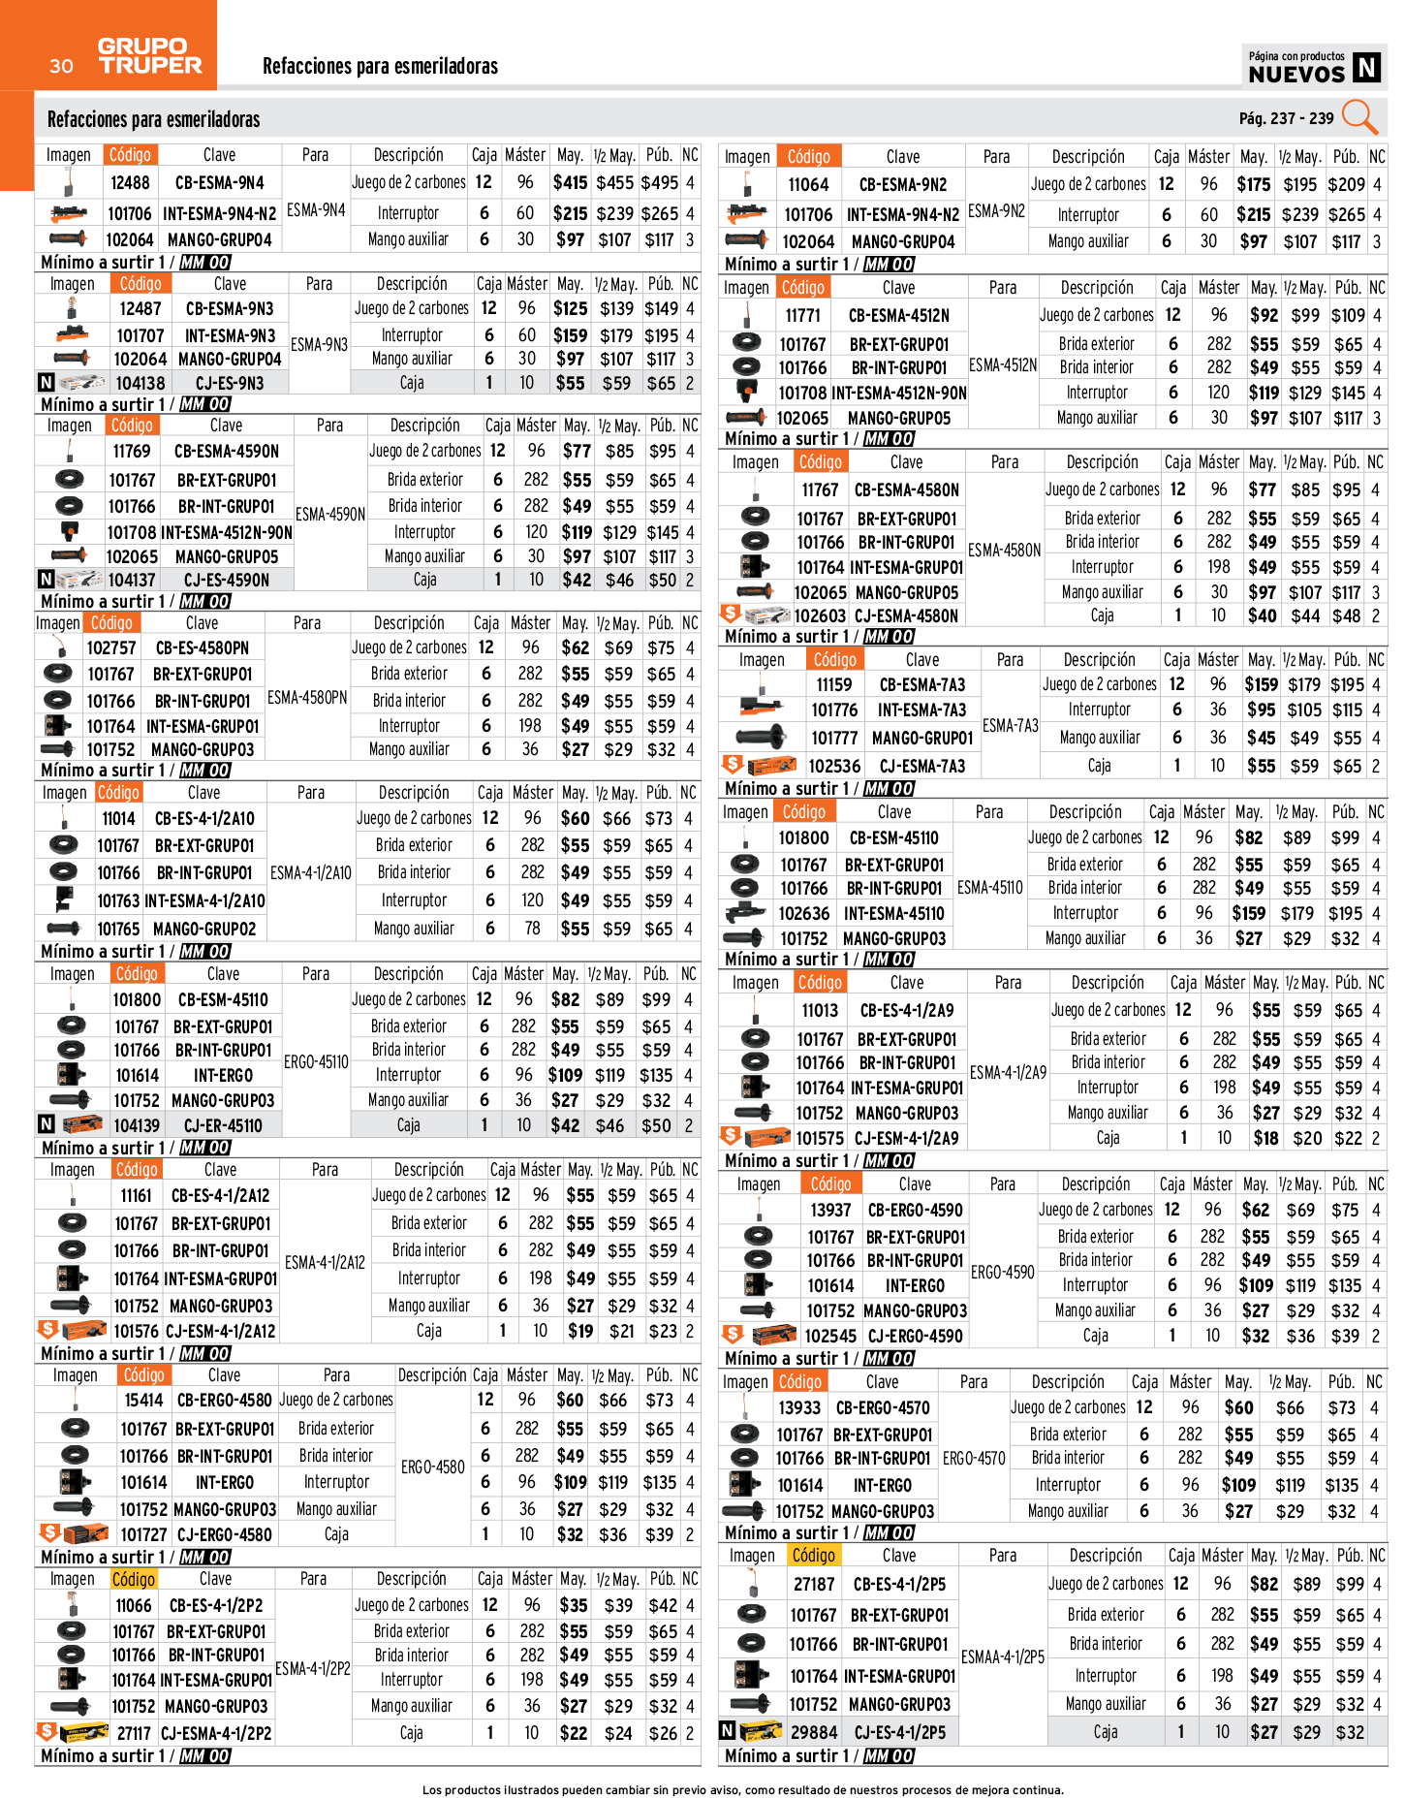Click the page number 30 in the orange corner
tap(61, 66)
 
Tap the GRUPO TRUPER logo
tap(149, 56)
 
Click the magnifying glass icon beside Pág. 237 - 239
tap(1359, 117)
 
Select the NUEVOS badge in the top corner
tap(1313, 67)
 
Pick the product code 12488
tap(130, 182)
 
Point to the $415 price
tap(570, 182)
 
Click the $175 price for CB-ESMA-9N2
tap(1253, 184)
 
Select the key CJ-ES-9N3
tap(230, 383)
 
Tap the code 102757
tap(111, 647)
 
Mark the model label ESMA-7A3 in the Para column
tap(1010, 725)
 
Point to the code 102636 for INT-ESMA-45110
tap(803, 913)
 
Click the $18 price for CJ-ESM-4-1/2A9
tap(1264, 1138)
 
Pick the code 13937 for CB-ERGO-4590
tap(830, 1210)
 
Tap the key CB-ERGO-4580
tap(224, 1400)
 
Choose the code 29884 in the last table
tap(813, 1731)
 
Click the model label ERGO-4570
tap(973, 1458)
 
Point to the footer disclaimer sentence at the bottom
tap(742, 1789)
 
